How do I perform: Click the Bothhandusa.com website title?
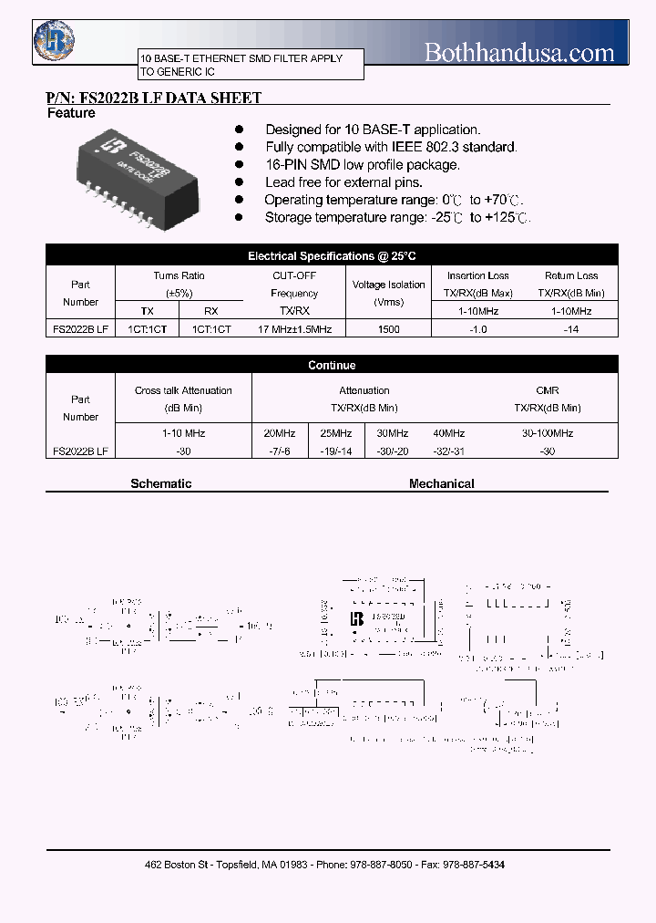[519, 53]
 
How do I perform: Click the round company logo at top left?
[55, 41]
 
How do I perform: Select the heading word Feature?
[71, 113]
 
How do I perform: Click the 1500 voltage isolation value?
[388, 329]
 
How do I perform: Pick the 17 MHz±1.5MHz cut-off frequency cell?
[294, 329]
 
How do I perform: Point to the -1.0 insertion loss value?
[477, 329]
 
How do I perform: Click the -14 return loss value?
[571, 329]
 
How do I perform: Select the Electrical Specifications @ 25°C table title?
[332, 256]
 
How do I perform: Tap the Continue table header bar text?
[332, 365]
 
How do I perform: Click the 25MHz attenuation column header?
[335, 433]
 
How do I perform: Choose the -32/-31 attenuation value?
[448, 451]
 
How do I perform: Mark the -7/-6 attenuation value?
[279, 451]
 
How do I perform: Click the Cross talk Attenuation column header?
[183, 390]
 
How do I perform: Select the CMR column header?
[548, 390]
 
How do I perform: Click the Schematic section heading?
[161, 483]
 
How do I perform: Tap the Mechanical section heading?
[442, 483]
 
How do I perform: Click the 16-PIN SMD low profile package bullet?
[363, 165]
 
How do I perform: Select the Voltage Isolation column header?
[388, 285]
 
